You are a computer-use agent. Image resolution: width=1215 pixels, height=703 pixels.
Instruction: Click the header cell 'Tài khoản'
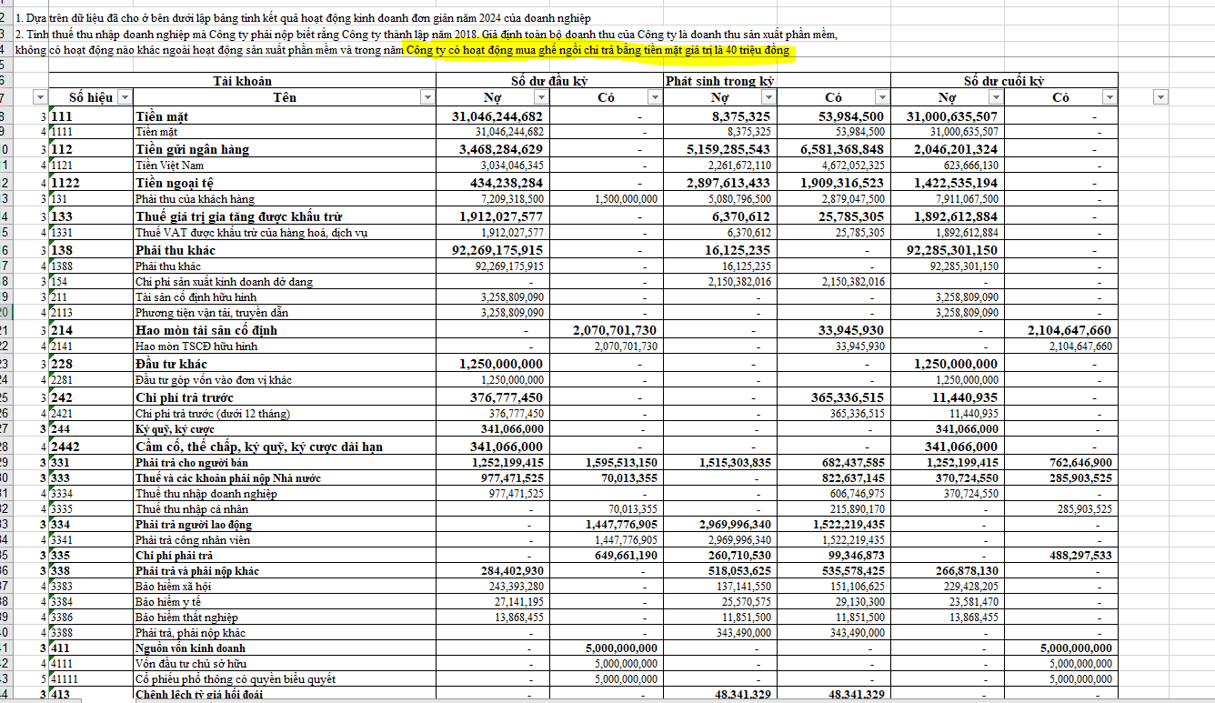pos(242,81)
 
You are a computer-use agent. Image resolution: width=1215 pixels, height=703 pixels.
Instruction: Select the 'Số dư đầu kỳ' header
pos(548,81)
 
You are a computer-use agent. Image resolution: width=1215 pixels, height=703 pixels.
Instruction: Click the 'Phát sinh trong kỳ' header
pos(720,81)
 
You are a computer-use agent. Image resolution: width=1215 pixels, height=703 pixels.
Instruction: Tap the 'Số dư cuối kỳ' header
pos(1003,81)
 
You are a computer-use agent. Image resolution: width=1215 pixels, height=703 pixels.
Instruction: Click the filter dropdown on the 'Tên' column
pos(427,97)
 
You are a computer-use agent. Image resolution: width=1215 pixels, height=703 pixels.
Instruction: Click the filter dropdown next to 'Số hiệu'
pos(125,97)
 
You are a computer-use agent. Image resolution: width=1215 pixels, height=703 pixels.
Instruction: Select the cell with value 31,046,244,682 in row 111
pos(497,116)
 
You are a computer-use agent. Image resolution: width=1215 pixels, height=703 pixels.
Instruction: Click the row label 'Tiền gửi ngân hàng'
pos(192,149)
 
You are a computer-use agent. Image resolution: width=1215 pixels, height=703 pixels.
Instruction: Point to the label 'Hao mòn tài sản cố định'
pos(206,330)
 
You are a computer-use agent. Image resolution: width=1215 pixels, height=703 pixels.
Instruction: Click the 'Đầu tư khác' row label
pos(171,364)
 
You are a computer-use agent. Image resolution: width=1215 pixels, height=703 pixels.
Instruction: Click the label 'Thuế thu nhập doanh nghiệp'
pos(206,494)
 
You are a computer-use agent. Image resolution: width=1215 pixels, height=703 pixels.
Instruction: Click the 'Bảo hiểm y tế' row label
pos(168,602)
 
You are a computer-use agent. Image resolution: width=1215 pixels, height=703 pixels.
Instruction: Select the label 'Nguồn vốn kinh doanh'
pos(190,648)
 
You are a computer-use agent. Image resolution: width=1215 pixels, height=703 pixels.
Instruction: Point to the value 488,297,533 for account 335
pos(1072,555)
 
